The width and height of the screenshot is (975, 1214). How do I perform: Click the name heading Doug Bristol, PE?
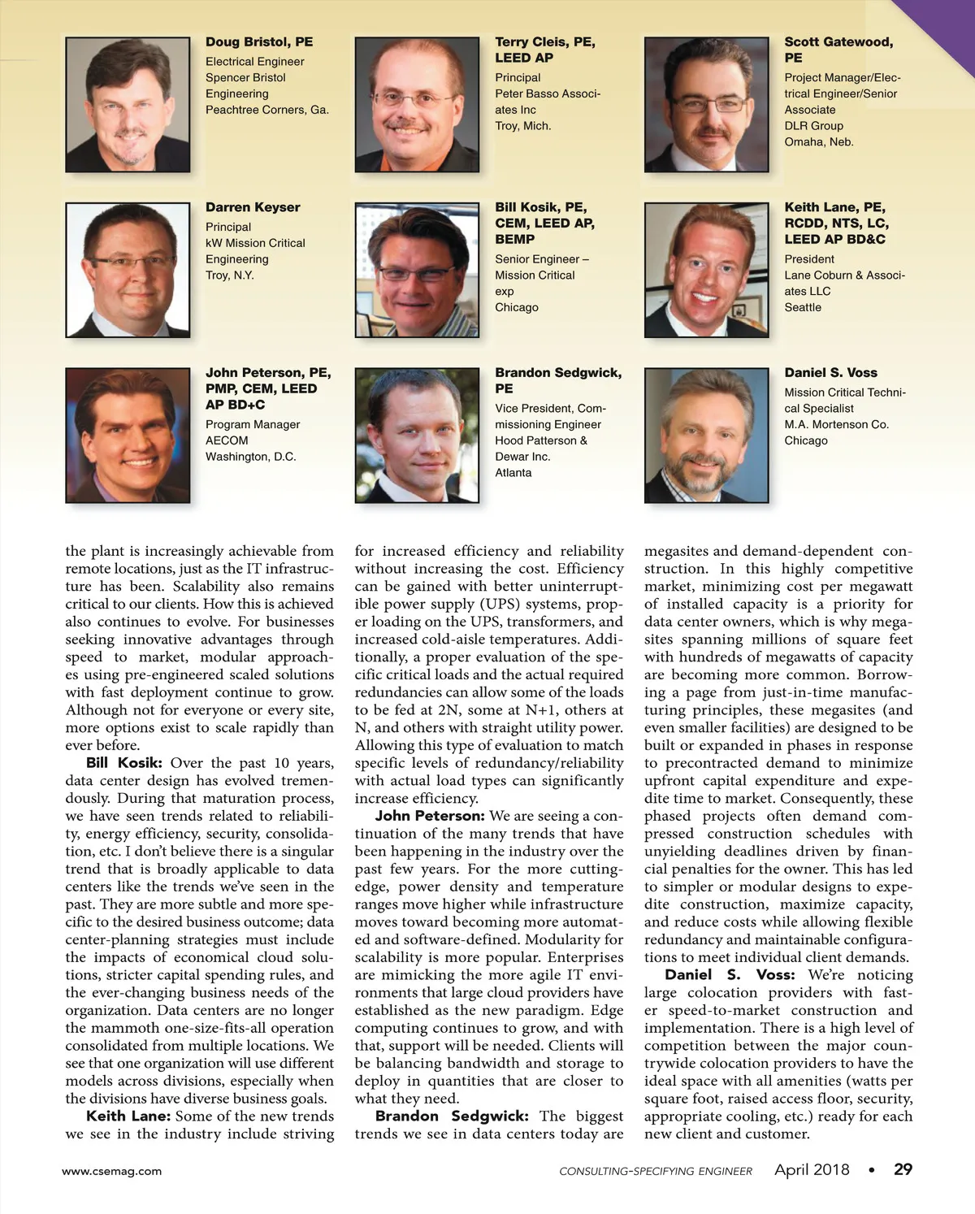tap(258, 42)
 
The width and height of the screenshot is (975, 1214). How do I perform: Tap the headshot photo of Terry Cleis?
tap(417, 105)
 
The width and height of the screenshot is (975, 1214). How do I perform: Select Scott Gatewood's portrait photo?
tap(706, 105)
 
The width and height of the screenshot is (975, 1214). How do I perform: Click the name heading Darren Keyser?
tap(253, 207)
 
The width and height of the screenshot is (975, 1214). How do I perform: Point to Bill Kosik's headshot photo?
tap(417, 270)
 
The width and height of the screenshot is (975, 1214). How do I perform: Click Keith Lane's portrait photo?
tap(706, 270)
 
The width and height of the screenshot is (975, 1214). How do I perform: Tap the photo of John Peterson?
tap(128, 436)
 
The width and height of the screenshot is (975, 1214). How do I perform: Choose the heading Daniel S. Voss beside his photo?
tap(830, 373)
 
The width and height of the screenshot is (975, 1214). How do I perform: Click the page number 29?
tap(903, 1169)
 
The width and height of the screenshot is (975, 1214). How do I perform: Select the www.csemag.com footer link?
tap(112, 1171)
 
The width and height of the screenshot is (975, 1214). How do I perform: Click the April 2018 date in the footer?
tap(812, 1169)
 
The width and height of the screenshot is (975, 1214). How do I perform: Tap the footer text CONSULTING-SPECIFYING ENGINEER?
tap(656, 1171)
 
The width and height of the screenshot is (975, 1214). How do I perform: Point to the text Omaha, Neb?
tap(819, 142)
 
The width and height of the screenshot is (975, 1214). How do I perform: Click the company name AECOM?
tap(227, 440)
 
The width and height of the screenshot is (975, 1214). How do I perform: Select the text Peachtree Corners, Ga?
tap(267, 110)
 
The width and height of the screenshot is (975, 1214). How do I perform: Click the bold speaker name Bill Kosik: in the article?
tap(124, 763)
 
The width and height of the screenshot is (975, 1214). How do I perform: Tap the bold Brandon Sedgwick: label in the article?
tap(452, 1116)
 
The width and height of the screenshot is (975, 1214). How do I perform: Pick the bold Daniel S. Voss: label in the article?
tap(730, 975)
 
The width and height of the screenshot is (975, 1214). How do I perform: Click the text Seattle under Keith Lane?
tap(803, 307)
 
